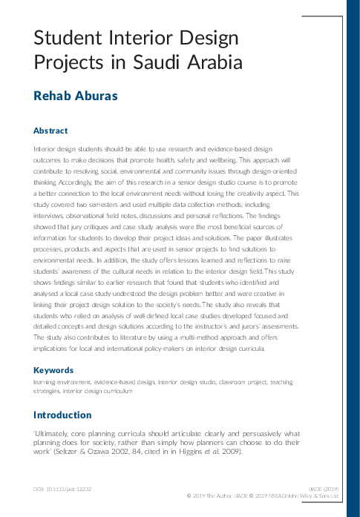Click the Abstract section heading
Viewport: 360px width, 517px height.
point(50,131)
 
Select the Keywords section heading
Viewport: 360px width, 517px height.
point(53,369)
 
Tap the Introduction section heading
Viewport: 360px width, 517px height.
point(62,415)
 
